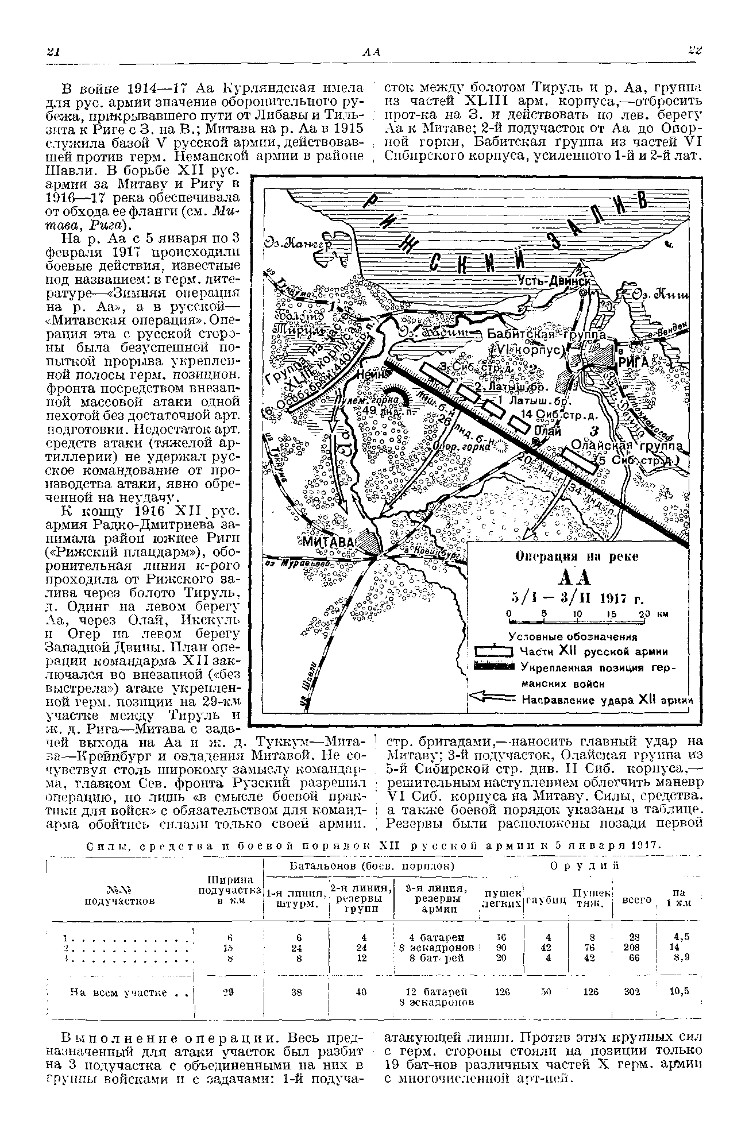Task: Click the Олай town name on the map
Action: [549, 432]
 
